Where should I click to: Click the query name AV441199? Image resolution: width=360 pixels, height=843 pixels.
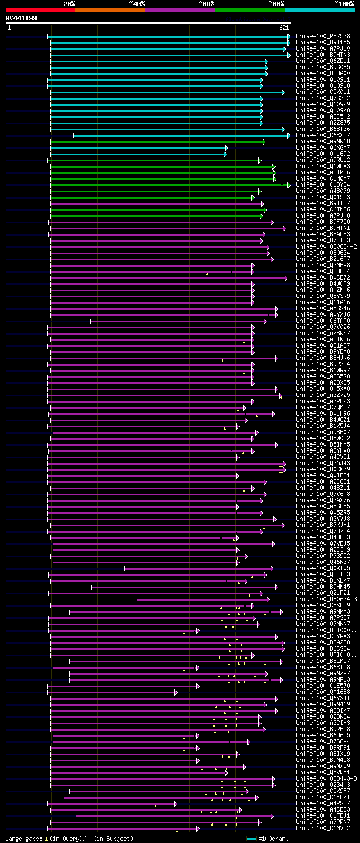click(x=21, y=18)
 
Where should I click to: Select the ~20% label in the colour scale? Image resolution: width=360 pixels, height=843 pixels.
click(x=69, y=3)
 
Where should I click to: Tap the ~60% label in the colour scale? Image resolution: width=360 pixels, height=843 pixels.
click(x=206, y=3)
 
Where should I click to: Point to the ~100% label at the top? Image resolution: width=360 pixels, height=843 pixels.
click(x=344, y=3)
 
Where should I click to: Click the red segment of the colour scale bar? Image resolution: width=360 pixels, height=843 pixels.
click(x=40, y=10)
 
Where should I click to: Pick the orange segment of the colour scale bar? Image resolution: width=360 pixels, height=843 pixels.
click(x=110, y=10)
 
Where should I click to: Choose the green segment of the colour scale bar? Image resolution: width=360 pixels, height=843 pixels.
click(x=249, y=10)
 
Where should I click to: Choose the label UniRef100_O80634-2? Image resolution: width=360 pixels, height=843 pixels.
click(x=326, y=246)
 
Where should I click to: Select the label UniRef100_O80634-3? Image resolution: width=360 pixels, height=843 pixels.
click(x=326, y=599)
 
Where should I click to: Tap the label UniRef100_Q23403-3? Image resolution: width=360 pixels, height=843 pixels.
click(x=326, y=778)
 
